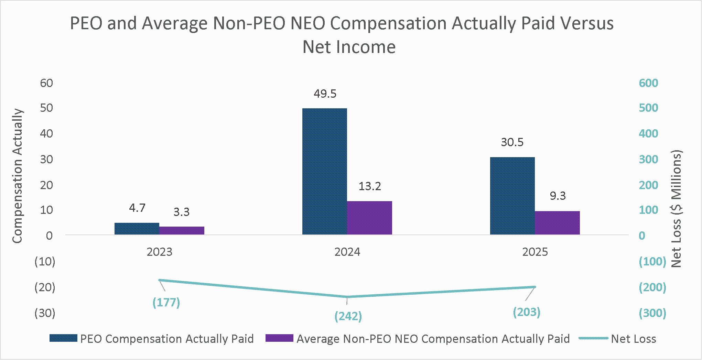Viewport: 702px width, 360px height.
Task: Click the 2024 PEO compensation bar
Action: point(325,172)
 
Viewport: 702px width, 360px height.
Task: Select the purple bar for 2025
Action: point(557,223)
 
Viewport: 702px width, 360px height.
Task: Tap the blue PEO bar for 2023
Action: point(137,229)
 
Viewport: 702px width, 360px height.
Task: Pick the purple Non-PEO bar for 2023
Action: point(182,231)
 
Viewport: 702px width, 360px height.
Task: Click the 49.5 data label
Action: point(325,94)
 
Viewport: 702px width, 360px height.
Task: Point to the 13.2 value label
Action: point(370,186)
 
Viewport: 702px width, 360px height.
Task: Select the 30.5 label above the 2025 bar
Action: point(512,142)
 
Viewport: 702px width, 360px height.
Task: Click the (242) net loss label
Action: point(348,316)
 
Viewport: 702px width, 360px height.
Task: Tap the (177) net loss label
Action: point(166,303)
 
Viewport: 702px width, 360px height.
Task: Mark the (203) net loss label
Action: point(527,312)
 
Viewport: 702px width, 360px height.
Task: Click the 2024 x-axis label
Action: point(347,252)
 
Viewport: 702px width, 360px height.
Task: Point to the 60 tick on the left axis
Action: point(46,83)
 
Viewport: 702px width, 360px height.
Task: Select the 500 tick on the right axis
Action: point(648,108)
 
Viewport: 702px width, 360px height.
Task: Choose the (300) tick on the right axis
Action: point(652,313)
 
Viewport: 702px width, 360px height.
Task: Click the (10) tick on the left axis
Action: point(45,262)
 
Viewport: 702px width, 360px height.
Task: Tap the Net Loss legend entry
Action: point(617,339)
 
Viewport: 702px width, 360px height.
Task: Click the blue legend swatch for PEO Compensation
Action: point(63,338)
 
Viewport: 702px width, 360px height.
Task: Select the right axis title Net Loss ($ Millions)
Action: point(677,209)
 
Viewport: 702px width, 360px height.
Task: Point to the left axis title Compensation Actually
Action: point(17,176)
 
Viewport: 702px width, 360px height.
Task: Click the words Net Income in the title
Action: point(349,47)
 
